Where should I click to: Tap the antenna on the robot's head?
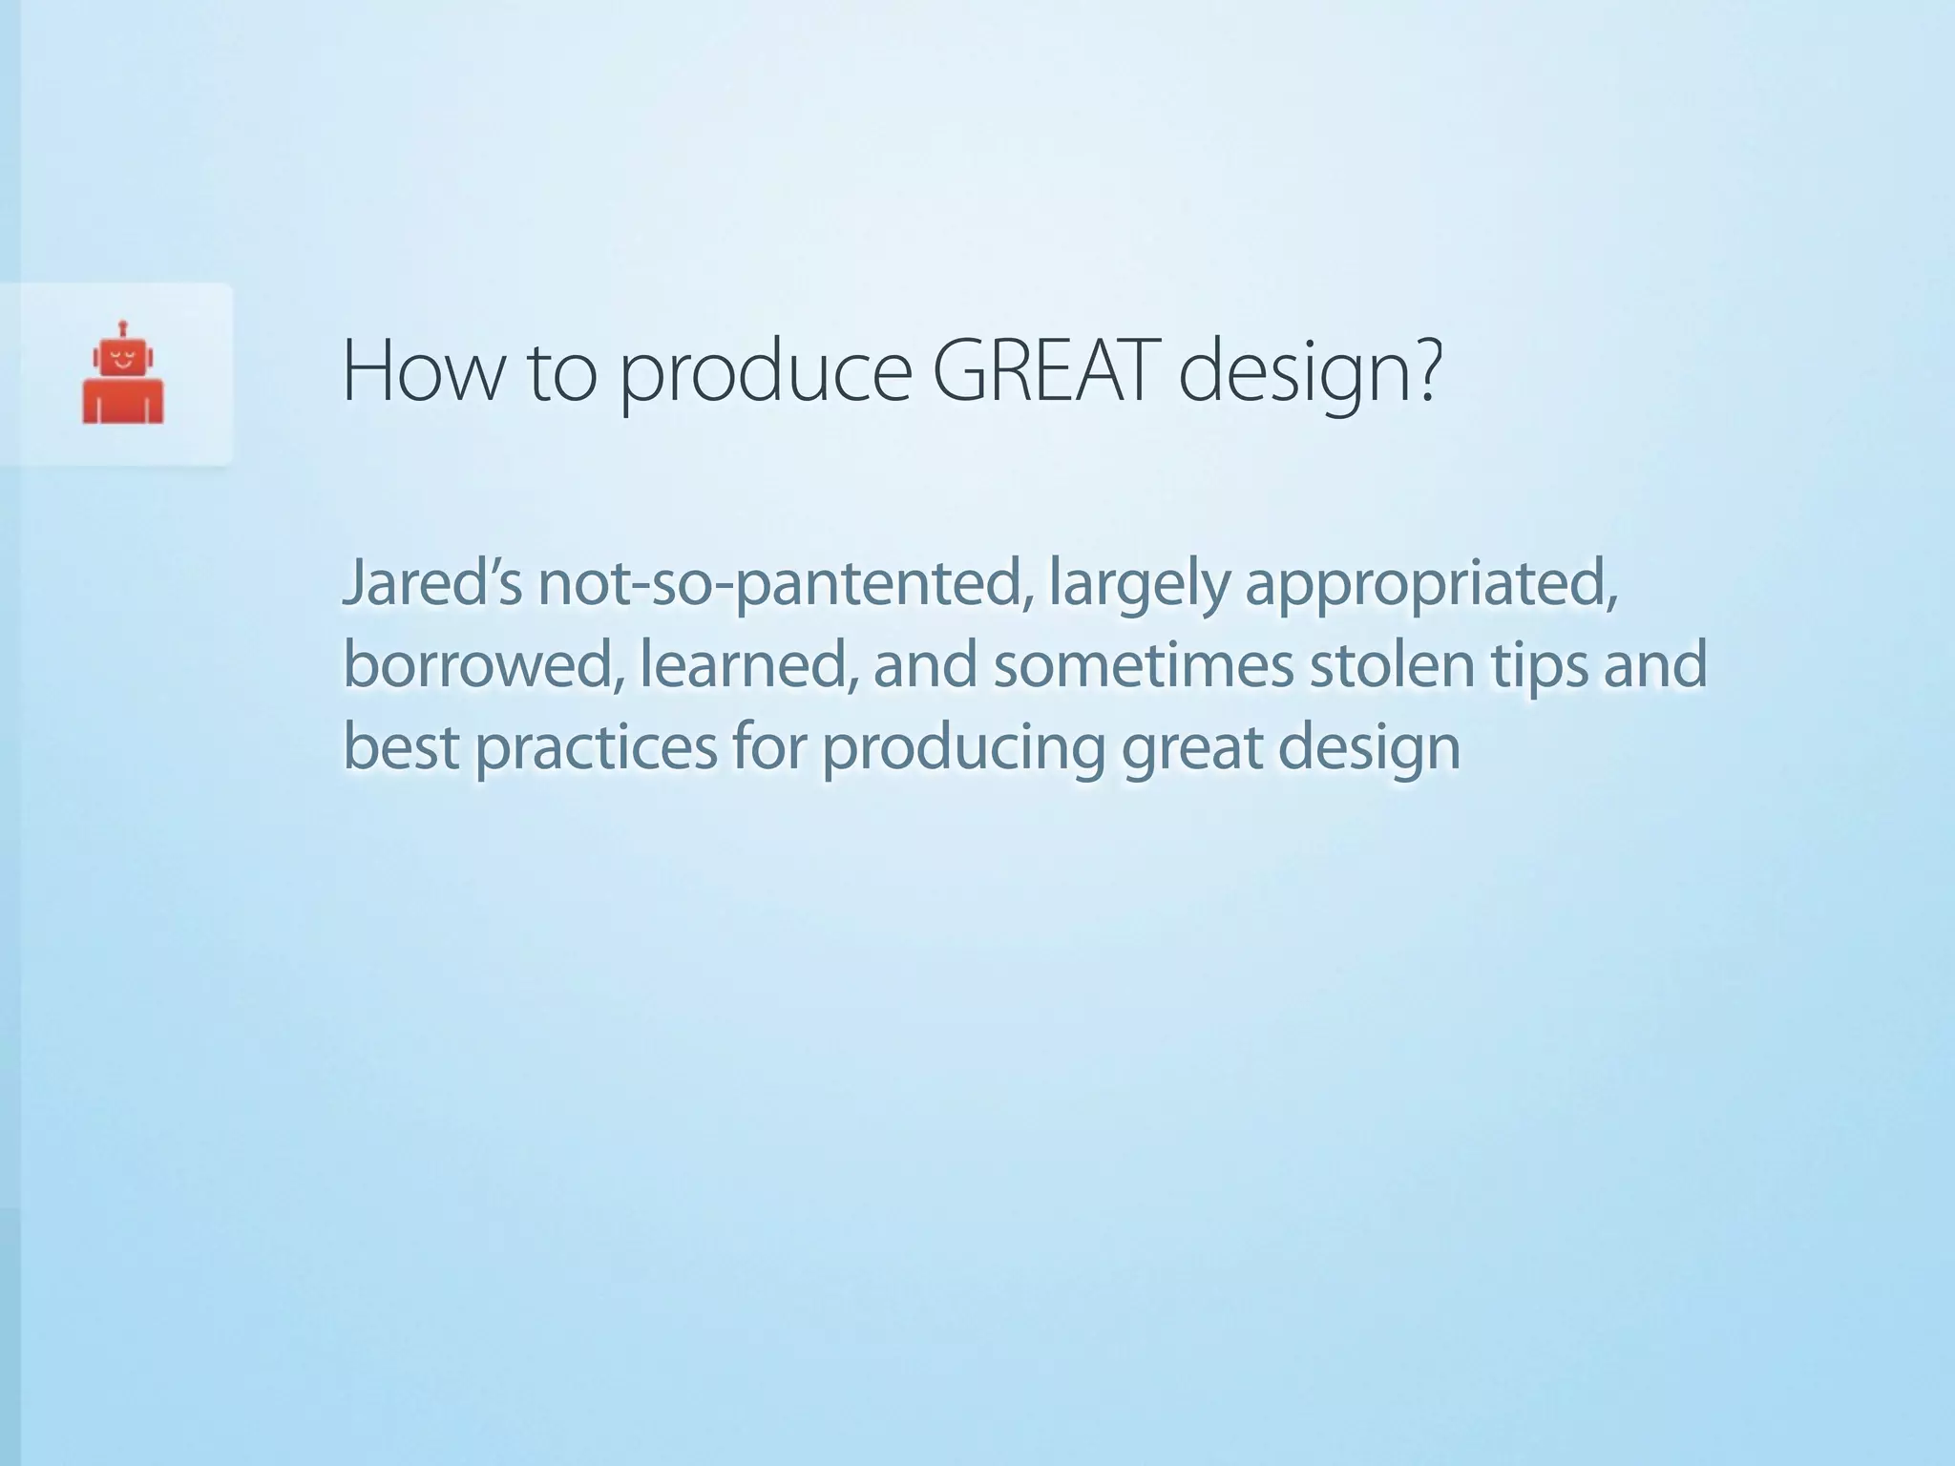(123, 329)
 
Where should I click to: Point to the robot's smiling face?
(123, 362)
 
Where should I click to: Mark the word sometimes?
(1144, 665)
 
